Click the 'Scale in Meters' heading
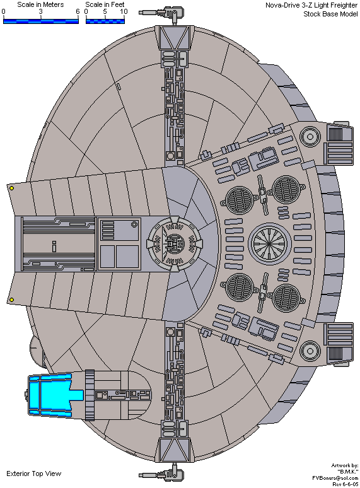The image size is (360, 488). point(40,4)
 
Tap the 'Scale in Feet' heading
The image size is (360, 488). point(105,4)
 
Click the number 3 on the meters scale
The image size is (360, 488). point(41,12)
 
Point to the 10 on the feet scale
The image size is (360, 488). point(124,12)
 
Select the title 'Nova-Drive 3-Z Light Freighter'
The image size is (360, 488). point(311,5)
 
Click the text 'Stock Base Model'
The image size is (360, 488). point(330,14)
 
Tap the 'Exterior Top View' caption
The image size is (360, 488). point(34,473)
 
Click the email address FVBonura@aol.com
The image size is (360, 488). point(335,478)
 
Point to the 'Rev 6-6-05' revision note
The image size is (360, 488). point(345,484)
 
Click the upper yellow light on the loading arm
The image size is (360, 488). point(11,189)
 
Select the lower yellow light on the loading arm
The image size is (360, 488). point(11,299)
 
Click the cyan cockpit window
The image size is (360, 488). point(56,395)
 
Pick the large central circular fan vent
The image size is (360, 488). point(270,243)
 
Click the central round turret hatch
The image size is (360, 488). point(175,243)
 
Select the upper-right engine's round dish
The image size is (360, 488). point(310,136)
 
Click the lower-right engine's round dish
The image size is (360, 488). point(310,351)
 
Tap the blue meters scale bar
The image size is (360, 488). point(41,21)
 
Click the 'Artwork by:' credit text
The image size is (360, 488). point(344,465)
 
